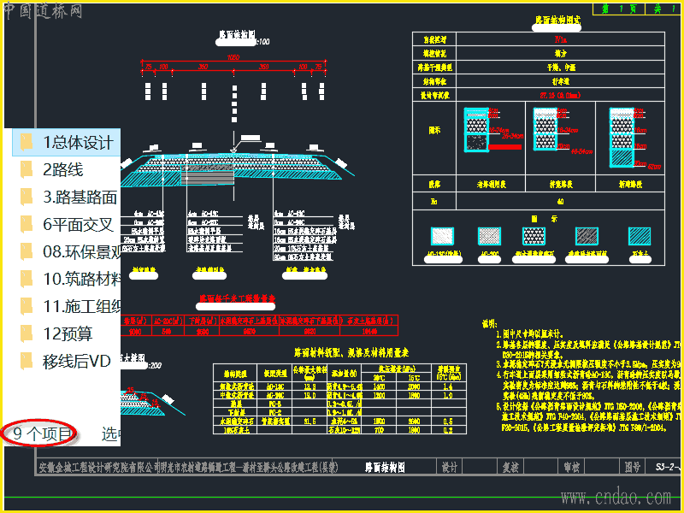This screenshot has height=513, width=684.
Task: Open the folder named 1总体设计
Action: coord(77,142)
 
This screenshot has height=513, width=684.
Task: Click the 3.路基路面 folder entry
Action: coord(80,198)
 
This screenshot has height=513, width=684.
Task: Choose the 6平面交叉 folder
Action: coord(78,225)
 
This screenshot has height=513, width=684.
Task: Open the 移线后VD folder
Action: coord(77,362)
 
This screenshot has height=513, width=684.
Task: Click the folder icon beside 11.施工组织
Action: coord(27,307)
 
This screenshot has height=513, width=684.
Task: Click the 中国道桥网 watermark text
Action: coord(43,11)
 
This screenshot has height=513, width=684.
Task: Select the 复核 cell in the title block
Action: coord(510,468)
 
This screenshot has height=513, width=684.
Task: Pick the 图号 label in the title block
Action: coord(631,468)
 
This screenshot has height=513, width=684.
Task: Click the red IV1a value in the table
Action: coord(560,39)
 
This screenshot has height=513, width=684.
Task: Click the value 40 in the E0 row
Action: coord(560,202)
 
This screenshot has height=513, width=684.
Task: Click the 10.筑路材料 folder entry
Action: coord(82,280)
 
